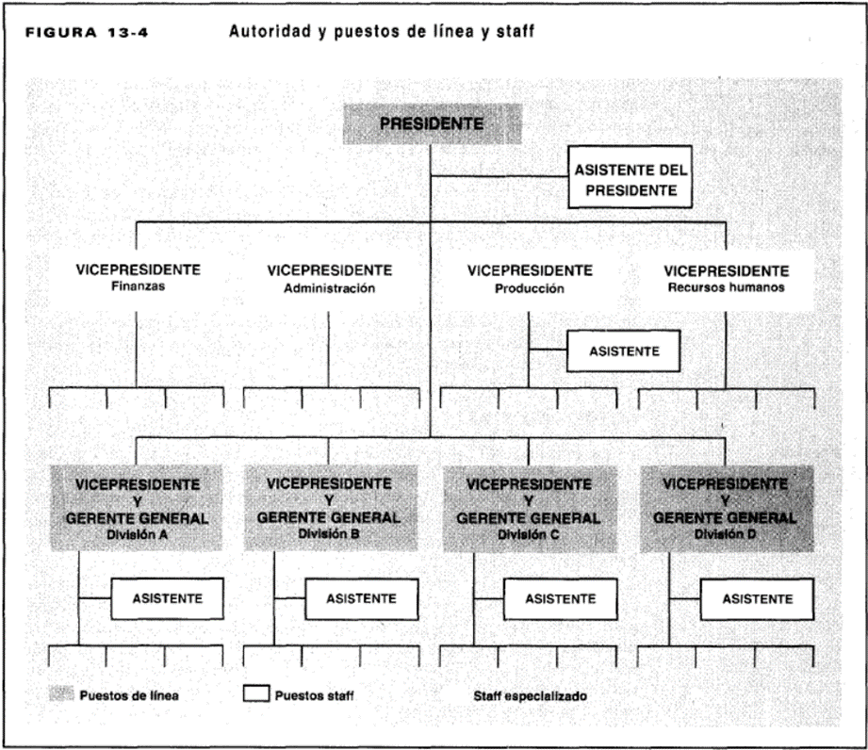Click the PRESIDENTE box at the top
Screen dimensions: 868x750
(433, 124)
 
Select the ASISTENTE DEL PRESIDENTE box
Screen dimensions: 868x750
(630, 177)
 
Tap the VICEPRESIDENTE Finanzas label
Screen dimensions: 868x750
(138, 277)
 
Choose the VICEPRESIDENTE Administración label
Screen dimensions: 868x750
(329, 278)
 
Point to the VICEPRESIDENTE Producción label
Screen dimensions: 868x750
(530, 278)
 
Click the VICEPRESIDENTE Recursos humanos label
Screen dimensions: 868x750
(727, 278)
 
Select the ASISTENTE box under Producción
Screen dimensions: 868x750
(623, 351)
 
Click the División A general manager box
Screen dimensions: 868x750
(137, 508)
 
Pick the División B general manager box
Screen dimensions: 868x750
(331, 508)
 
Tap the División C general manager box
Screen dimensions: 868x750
(530, 509)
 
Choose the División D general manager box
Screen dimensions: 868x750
(727, 509)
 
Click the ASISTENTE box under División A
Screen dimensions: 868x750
(167, 598)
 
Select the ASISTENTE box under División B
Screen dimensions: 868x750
(362, 599)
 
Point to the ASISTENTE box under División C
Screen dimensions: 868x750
(560, 599)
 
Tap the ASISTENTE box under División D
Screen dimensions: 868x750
(758, 599)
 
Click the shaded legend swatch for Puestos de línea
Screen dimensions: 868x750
(61, 693)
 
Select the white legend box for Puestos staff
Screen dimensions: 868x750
(256, 693)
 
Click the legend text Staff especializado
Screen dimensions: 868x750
(530, 696)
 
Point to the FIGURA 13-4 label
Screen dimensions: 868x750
(87, 33)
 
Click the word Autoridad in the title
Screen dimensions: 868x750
(270, 31)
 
